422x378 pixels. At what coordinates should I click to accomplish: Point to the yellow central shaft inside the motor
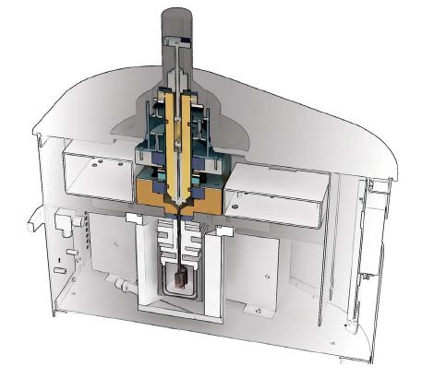pos(183,138)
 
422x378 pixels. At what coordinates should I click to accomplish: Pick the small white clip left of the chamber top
pos(133,218)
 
